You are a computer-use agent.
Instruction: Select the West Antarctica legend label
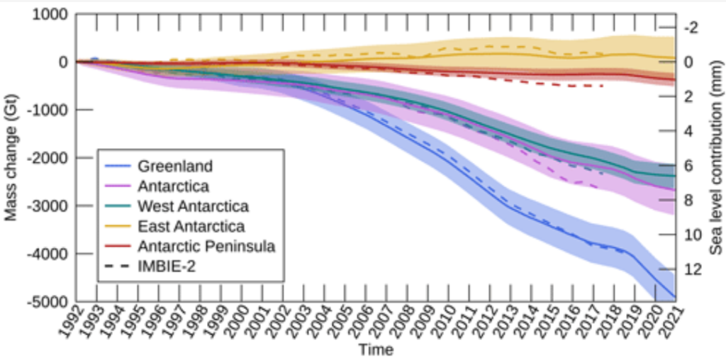coord(194,207)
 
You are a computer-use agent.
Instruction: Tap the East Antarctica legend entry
coord(191,227)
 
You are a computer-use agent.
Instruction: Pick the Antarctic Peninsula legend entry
coord(206,247)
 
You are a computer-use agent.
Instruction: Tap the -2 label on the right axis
coord(691,28)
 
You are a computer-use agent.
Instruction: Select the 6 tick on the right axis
coord(688,166)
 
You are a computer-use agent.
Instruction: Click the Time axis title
coord(376,349)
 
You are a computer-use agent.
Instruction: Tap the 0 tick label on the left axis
coord(62,62)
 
